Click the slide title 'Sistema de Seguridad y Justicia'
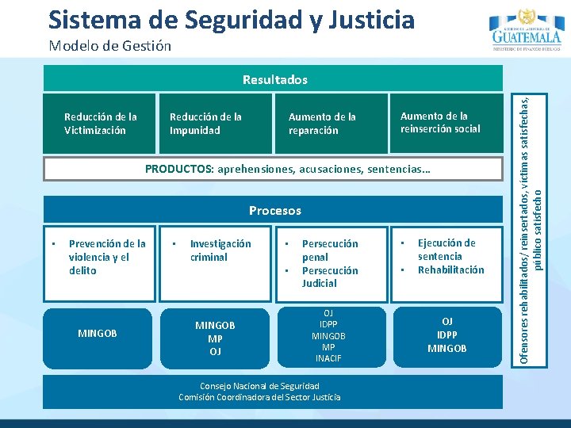pyautogui.click(x=231, y=19)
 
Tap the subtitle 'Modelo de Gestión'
pyautogui.click(x=109, y=45)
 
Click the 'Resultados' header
pyautogui.click(x=274, y=79)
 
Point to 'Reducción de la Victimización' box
pyautogui.click(x=100, y=124)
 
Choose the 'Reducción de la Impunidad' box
pyautogui.click(x=205, y=124)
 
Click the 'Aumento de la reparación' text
pyautogui.click(x=322, y=124)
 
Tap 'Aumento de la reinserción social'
pyautogui.click(x=440, y=122)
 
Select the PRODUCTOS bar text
pyautogui.click(x=287, y=170)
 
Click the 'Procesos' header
pyautogui.click(x=274, y=211)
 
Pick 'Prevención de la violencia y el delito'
pyautogui.click(x=107, y=257)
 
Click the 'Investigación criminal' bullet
pyautogui.click(x=220, y=250)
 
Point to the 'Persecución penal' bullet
pyautogui.click(x=330, y=250)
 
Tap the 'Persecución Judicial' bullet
pyautogui.click(x=330, y=277)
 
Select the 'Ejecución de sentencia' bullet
pyautogui.click(x=446, y=250)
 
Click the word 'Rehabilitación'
pyautogui.click(x=450, y=269)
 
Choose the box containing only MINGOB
pyautogui.click(x=98, y=334)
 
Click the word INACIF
pyautogui.click(x=328, y=358)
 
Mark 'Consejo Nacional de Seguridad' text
pyautogui.click(x=259, y=386)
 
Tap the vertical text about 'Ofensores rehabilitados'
pyautogui.click(x=529, y=214)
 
